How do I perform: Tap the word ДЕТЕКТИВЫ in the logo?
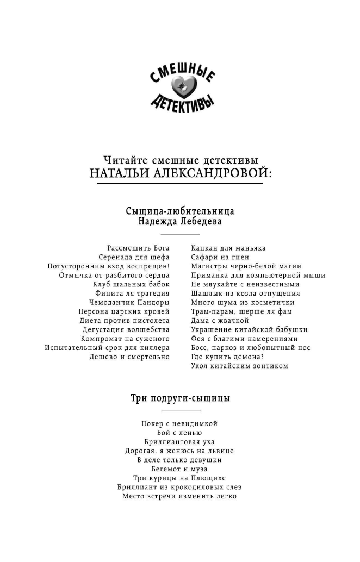tap(181, 102)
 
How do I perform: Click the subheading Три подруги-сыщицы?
tap(180, 398)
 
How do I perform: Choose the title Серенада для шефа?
tap(134, 257)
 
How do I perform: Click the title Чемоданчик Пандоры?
tap(129, 302)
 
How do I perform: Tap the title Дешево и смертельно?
tap(129, 357)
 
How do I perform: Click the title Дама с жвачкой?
tap(220, 321)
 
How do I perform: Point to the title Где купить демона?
tap(227, 357)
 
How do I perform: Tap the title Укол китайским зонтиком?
tap(239, 366)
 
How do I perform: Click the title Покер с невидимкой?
tap(179, 423)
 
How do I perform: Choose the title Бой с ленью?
tap(179, 432)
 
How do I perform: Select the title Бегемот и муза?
tap(179, 469)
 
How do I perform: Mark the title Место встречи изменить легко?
tap(179, 496)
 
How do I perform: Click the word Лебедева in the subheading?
tap(197, 222)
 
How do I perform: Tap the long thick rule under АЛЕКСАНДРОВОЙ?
tap(180, 184)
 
